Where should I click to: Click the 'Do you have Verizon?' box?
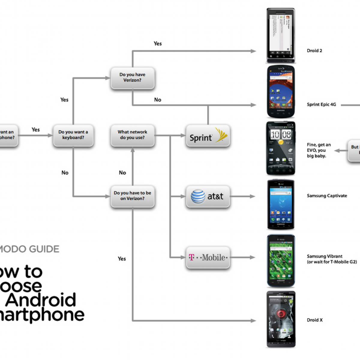tap(132, 78)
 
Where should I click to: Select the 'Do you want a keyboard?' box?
tap(73, 135)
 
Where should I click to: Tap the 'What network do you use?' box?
tap(132, 135)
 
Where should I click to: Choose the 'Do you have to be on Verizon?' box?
tap(132, 196)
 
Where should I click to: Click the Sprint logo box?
tap(208, 136)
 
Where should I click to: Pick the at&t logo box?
tap(208, 196)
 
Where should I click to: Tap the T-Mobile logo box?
tap(208, 257)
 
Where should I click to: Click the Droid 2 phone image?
tap(281, 35)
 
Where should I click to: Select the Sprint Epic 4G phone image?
tap(281, 91)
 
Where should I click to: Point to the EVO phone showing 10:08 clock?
tap(281, 148)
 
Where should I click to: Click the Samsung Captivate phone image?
tap(281, 204)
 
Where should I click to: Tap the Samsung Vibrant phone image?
tap(281, 261)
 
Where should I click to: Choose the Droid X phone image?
tap(281, 319)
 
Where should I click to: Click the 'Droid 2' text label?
tap(314, 51)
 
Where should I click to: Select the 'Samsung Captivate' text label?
tap(327, 196)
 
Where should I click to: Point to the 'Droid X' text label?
tap(315, 320)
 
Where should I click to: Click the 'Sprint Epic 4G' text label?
tap(321, 105)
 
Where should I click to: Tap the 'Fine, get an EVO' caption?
tap(319, 150)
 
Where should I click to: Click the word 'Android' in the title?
tap(41, 300)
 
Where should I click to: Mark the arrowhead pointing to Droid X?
tap(253, 321)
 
